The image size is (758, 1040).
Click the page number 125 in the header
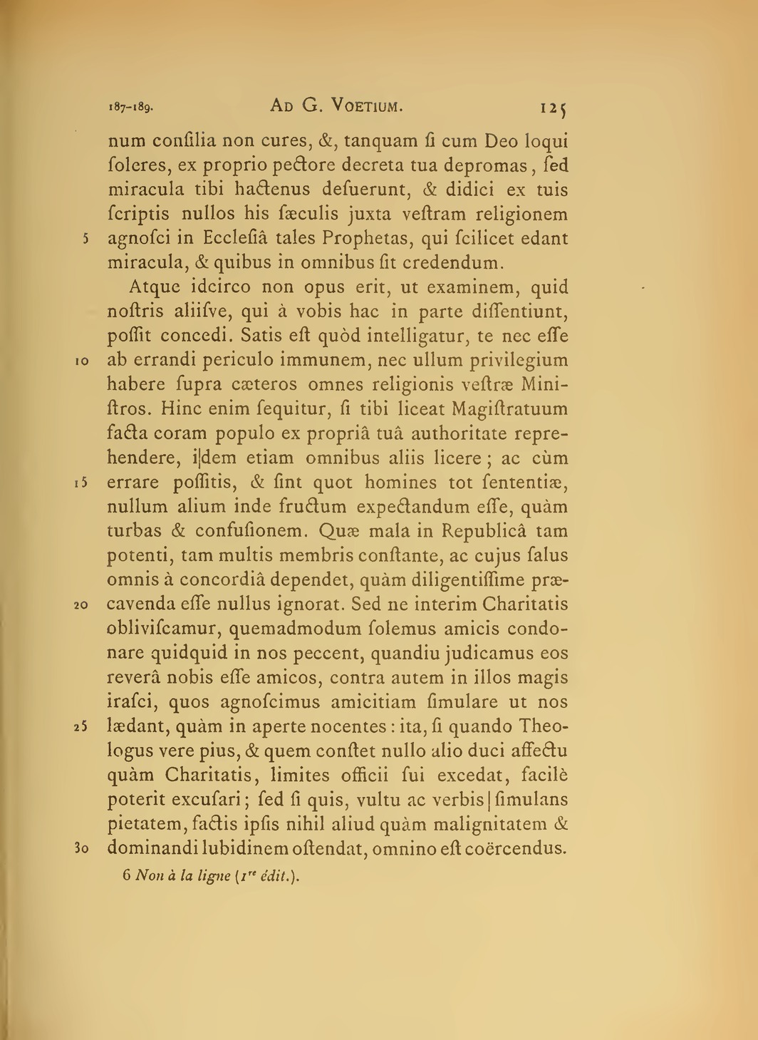coord(553,109)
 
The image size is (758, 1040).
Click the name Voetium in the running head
coord(363,107)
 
